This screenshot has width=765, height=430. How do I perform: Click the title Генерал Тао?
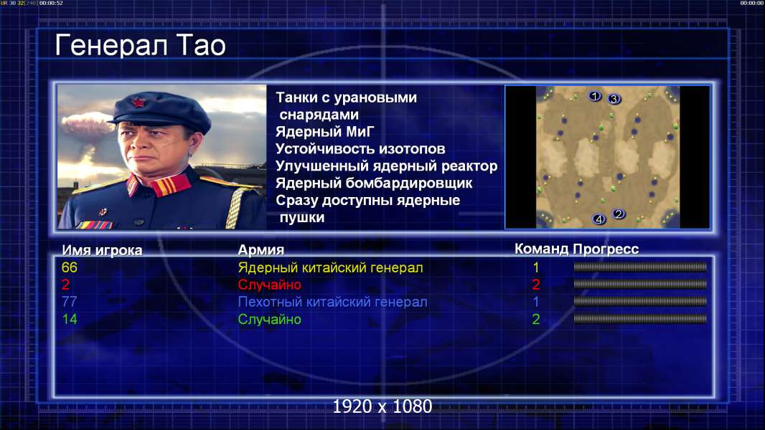coord(140,46)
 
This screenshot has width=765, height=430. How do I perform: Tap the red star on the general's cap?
coord(139,102)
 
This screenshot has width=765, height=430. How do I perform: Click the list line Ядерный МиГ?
coord(325,131)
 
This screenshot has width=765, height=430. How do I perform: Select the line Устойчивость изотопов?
coord(360,148)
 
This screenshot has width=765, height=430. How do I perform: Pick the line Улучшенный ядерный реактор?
coord(386,166)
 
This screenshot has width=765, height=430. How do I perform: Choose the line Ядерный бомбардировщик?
coord(374,183)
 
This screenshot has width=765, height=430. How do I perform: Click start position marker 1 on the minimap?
coord(594,96)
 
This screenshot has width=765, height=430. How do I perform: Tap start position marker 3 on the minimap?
coord(614,99)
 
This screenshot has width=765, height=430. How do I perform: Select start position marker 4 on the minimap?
coord(599,219)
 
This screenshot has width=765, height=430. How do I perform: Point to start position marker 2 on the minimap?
coord(619,214)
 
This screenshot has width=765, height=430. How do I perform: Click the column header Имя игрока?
coord(102,250)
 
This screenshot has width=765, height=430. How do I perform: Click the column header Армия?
coord(261,250)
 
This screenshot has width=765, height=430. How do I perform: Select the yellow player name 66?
coord(70,267)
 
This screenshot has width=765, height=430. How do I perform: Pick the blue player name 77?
coord(70,302)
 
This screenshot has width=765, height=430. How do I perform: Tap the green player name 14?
coord(70,320)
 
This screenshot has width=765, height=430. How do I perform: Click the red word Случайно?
coord(269,285)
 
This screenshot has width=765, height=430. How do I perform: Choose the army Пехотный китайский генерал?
coord(333,302)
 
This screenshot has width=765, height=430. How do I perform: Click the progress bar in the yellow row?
coord(640,267)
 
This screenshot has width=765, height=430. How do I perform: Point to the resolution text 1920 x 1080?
coord(382,406)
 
